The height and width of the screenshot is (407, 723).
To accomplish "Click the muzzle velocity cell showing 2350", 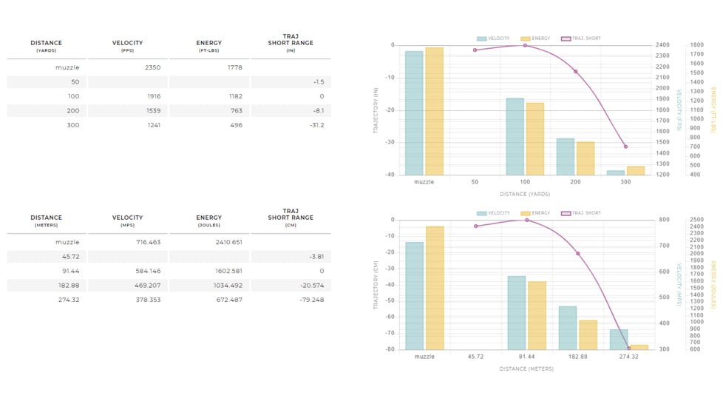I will pyautogui.click(x=152, y=67).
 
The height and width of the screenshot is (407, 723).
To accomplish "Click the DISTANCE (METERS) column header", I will pyautogui.click(x=47, y=221).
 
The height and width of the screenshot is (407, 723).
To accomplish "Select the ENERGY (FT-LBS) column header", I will pyautogui.click(x=209, y=46).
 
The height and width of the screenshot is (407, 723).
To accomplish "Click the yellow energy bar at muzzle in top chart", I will pyautogui.click(x=434, y=111).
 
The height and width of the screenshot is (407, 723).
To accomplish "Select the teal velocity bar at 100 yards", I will pyautogui.click(x=515, y=137).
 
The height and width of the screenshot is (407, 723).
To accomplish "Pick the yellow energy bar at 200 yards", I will pyautogui.click(x=585, y=158).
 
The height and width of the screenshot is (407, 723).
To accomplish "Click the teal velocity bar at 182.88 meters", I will pyautogui.click(x=568, y=328).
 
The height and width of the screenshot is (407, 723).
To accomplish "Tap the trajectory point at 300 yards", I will pyautogui.click(x=625, y=147).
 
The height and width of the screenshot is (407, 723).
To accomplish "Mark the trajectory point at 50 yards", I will pyautogui.click(x=475, y=50).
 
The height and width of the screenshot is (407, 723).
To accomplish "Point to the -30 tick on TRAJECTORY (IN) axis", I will pyautogui.click(x=389, y=142).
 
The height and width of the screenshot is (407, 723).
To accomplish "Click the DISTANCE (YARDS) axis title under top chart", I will pyautogui.click(x=524, y=194).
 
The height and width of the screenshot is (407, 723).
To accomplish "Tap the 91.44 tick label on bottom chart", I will pyautogui.click(x=526, y=357).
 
